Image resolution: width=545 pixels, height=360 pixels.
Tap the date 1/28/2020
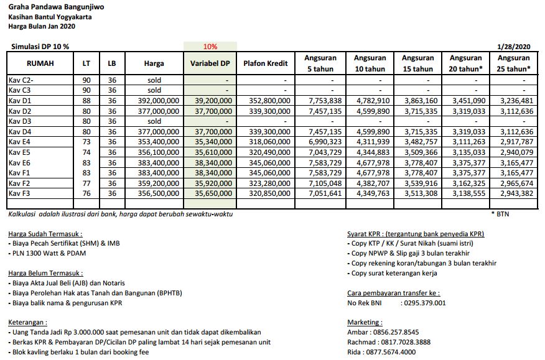click(514, 47)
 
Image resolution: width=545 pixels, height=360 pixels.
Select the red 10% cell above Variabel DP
click(210, 47)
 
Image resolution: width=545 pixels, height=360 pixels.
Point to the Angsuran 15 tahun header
click(418, 63)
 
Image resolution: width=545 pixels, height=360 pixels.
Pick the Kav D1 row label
click(20, 100)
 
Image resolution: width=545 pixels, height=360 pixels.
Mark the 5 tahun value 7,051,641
click(324, 194)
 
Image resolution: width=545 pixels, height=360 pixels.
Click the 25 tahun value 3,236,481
click(514, 100)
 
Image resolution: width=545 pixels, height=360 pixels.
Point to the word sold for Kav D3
click(154, 121)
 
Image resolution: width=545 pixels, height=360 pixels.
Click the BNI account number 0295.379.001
click(425, 303)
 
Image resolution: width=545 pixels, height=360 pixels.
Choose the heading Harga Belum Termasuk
click(45, 273)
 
